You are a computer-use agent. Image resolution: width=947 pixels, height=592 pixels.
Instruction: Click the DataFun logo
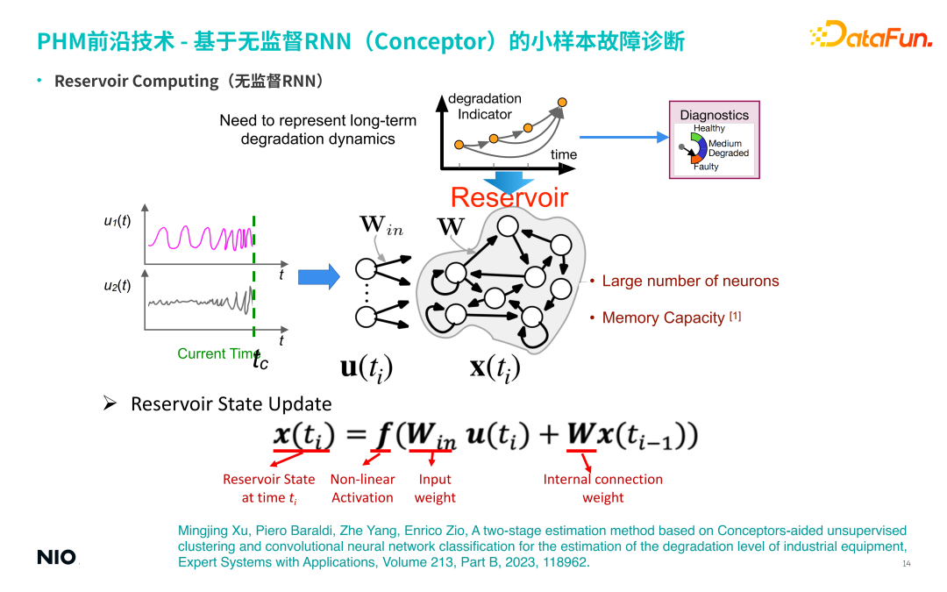(870, 36)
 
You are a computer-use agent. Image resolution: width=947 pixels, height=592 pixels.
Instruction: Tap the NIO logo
(56, 558)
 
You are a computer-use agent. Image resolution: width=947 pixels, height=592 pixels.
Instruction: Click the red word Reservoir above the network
(509, 197)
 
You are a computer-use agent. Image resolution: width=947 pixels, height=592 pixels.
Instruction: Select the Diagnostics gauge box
(714, 140)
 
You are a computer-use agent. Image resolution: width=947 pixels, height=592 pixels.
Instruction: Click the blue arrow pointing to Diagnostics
(624, 137)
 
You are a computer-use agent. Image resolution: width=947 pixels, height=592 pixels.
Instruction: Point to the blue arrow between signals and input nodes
(318, 277)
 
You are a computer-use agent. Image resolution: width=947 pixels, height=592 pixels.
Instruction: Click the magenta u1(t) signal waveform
(199, 237)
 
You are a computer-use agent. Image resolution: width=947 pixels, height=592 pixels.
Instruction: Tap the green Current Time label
(217, 353)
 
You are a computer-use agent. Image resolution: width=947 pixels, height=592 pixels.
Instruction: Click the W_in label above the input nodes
(381, 225)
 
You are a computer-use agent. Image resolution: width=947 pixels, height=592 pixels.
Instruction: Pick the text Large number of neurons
(690, 282)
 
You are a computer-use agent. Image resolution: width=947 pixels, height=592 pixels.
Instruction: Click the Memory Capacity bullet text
(664, 317)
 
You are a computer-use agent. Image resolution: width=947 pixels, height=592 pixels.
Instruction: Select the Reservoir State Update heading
(231, 404)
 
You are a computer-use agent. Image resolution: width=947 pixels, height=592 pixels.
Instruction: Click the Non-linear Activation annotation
(362, 489)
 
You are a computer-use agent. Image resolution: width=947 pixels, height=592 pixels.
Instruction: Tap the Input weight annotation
(435, 489)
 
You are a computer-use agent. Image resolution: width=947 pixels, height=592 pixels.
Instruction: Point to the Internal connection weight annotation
(603, 489)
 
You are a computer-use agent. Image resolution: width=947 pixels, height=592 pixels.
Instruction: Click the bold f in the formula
(382, 435)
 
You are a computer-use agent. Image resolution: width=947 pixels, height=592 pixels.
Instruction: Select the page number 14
(907, 563)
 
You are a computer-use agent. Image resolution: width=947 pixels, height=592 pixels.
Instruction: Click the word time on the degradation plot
(564, 154)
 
